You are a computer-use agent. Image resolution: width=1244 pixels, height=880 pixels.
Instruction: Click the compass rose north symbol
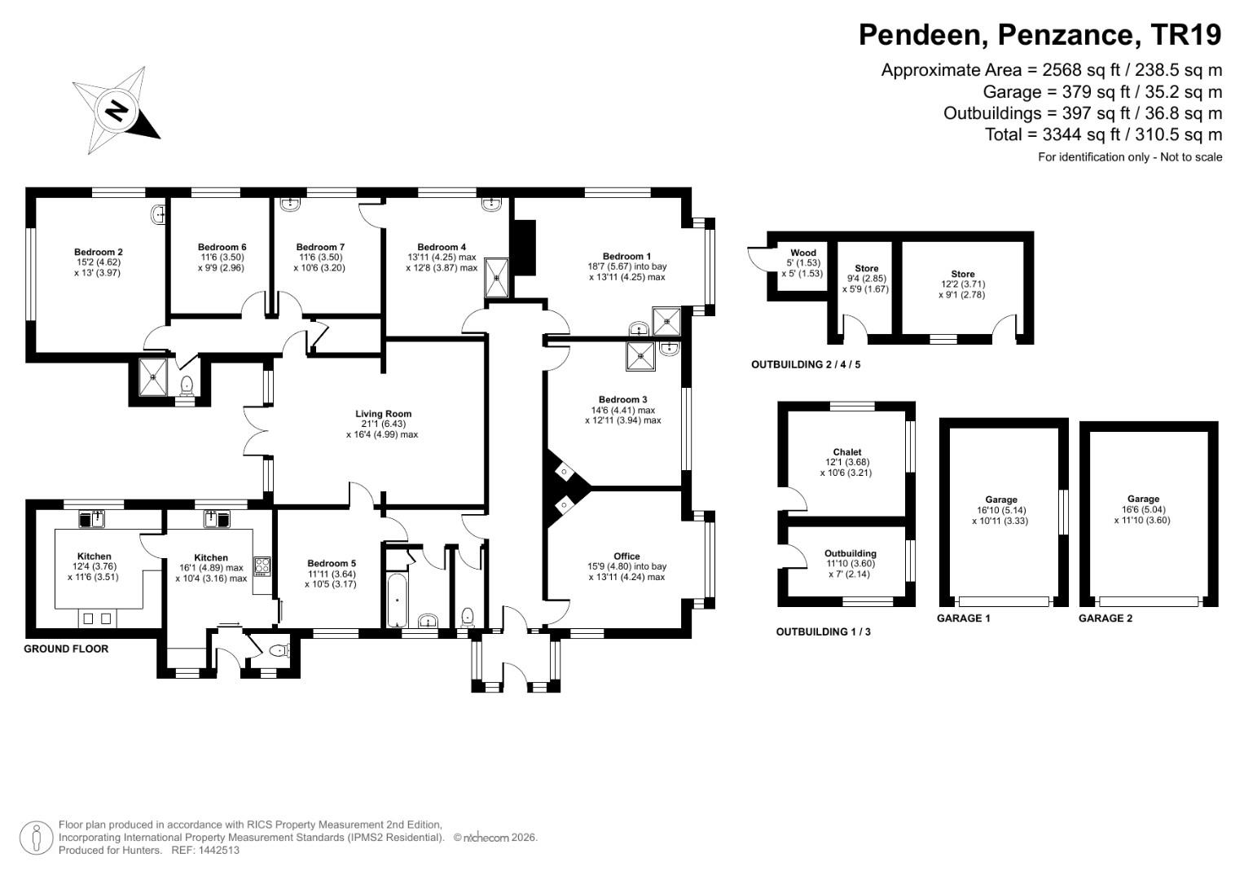tap(117, 110)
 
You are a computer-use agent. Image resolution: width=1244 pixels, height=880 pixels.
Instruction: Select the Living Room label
tap(383, 413)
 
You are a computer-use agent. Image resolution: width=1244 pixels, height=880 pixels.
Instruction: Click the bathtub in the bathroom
tap(396, 598)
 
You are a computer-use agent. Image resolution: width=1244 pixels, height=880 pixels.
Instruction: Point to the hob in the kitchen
tap(262, 565)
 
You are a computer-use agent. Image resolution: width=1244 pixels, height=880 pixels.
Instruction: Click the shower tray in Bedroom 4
tap(496, 278)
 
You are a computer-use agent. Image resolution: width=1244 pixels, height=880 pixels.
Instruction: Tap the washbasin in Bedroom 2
tap(159, 215)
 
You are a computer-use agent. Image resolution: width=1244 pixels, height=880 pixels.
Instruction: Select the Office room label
tap(626, 557)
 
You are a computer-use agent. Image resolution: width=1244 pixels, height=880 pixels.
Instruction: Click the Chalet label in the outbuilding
tap(846, 452)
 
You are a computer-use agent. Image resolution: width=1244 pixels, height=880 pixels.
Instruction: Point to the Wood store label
tap(802, 253)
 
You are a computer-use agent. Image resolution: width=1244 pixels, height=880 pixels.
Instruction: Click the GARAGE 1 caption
tap(963, 618)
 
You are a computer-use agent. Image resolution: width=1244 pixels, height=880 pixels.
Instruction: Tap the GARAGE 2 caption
tap(1105, 618)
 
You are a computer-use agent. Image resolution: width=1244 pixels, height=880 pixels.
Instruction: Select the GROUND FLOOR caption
tap(66, 649)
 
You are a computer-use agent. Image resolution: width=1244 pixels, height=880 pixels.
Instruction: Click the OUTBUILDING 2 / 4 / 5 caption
tap(805, 365)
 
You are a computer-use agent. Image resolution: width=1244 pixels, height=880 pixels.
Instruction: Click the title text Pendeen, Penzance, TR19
tap(1040, 35)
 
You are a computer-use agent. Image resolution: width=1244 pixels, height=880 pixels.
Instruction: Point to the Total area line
tap(1103, 134)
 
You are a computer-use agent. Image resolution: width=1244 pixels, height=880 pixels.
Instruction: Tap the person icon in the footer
tap(36, 838)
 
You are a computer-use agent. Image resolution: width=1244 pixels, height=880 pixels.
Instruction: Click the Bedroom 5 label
tap(331, 563)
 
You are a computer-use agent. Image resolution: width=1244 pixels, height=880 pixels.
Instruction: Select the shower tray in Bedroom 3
tap(640, 356)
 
